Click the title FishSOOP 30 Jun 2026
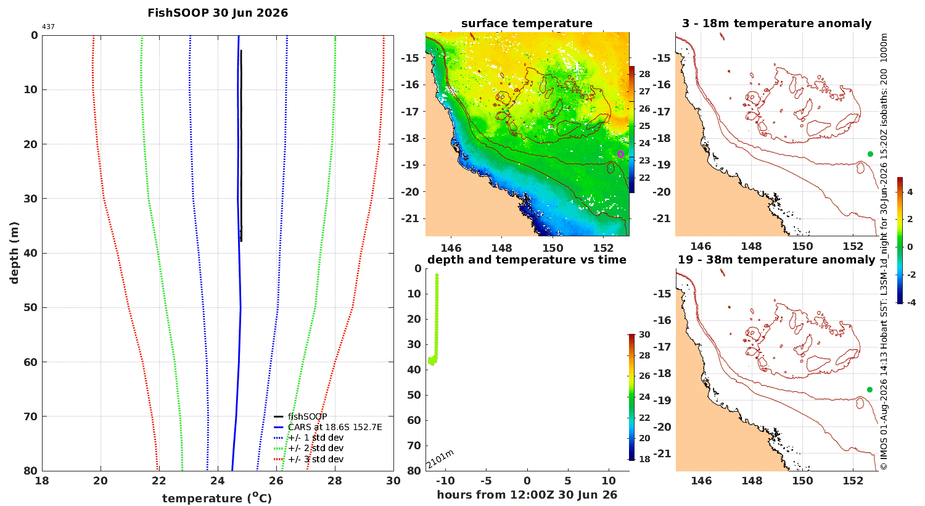[218, 13]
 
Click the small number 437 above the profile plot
[48, 27]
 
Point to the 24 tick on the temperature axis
[218, 481]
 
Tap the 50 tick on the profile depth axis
[31, 307]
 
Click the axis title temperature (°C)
[217, 498]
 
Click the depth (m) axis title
[14, 253]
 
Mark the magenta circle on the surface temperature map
[620, 154]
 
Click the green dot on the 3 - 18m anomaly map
[870, 154]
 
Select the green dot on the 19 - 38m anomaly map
[869, 389]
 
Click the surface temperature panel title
[527, 23]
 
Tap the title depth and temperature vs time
[527, 260]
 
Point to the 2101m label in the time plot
[440, 459]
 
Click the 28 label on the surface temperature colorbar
[644, 74]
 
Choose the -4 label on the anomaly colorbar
[911, 302]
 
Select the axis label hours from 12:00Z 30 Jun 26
[527, 495]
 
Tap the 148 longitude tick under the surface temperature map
[502, 248]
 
